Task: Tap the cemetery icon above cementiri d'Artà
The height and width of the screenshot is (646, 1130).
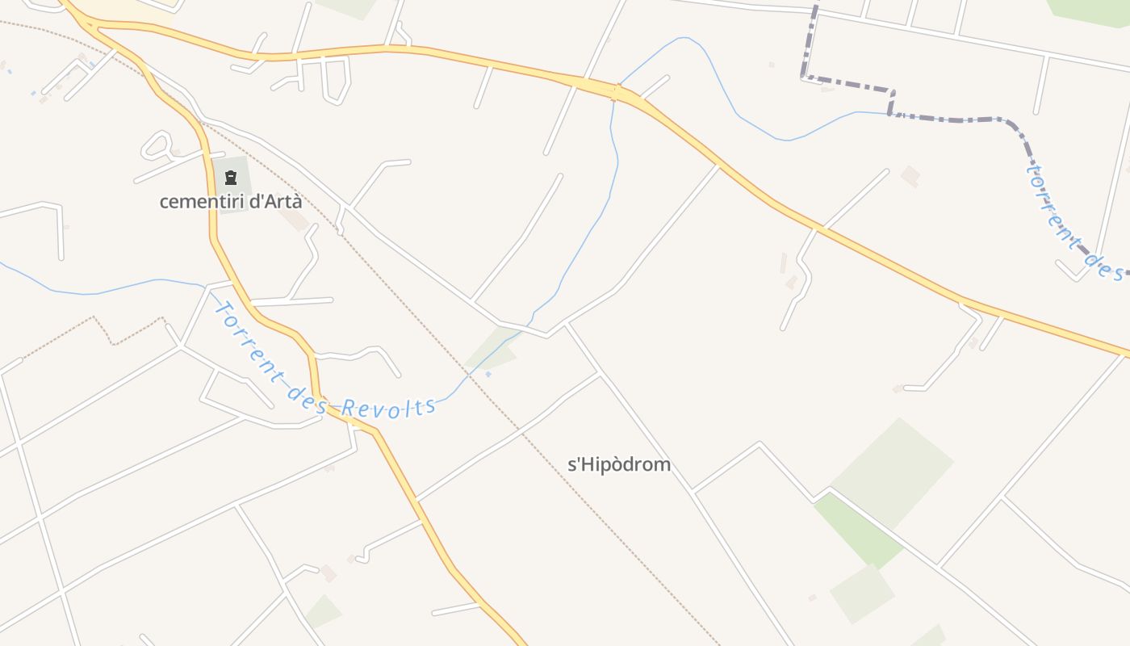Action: (231, 178)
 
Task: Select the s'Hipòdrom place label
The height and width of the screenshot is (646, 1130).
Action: (620, 464)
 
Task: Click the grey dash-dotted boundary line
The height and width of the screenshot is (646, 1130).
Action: (952, 120)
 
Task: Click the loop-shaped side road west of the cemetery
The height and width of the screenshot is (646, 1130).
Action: (157, 146)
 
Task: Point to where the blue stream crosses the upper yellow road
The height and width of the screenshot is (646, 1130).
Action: (615, 90)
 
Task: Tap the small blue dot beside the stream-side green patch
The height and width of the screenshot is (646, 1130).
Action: (488, 374)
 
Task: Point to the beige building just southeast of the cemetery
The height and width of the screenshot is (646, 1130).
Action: (295, 220)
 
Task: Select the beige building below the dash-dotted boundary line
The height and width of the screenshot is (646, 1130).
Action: (910, 175)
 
